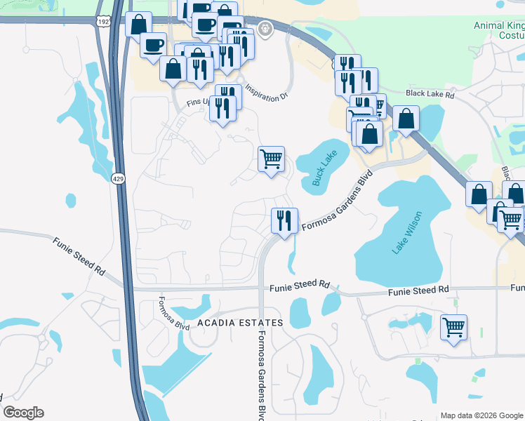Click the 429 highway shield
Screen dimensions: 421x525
tap(118, 180)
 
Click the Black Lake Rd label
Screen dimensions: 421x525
tap(430, 94)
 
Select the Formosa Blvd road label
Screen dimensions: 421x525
tap(164, 314)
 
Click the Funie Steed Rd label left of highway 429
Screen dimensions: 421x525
tap(78, 255)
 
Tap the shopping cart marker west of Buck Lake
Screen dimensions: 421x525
tap(271, 159)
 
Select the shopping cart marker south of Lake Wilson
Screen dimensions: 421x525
tap(454, 327)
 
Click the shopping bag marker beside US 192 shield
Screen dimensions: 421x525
tap(138, 25)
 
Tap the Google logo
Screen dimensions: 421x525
tap(23, 413)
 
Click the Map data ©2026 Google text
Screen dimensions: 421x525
tap(481, 415)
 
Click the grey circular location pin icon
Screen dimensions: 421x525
tap(265, 29)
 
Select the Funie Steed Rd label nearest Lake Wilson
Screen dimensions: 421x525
tap(420, 289)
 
